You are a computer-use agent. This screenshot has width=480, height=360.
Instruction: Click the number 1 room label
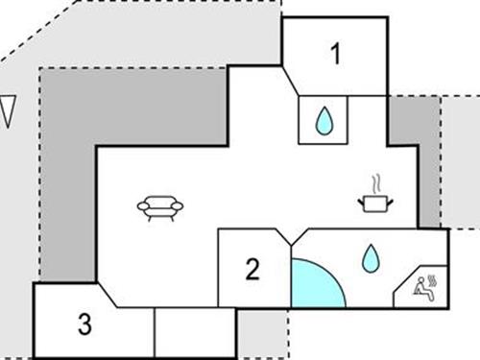coord(336,55)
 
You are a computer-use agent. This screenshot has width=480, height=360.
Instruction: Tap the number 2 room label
coord(252,270)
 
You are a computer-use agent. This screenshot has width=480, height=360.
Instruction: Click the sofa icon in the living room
coord(160,206)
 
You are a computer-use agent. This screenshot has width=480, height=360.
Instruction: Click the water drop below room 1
coord(324,120)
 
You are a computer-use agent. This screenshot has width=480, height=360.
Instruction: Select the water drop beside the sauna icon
coord(370,257)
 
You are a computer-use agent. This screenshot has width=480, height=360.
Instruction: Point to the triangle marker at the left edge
coord(9,110)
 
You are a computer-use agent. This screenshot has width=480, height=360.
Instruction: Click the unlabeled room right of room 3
coord(195,330)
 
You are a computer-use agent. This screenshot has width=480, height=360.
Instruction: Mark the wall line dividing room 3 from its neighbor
coord(155,330)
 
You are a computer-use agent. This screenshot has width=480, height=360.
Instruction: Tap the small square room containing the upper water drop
coord(324,120)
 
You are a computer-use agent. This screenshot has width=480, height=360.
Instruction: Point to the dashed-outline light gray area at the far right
coord(461,163)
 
